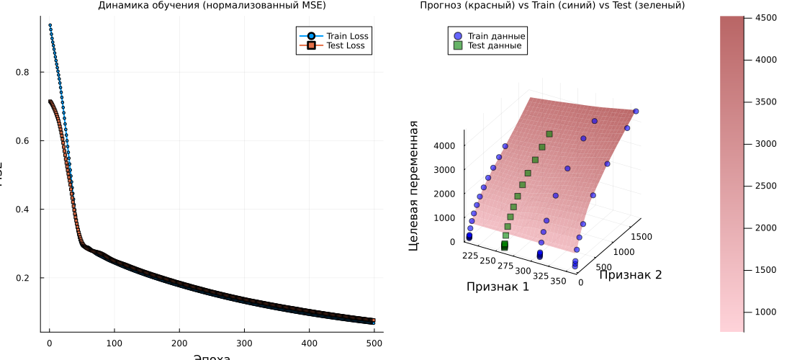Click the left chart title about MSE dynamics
click(x=212, y=6)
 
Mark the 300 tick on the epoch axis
click(x=245, y=342)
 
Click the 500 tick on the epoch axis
click(x=374, y=342)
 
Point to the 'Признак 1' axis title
click(x=498, y=287)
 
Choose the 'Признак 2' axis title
click(x=630, y=274)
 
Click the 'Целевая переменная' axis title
click(x=414, y=185)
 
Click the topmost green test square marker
click(x=549, y=134)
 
